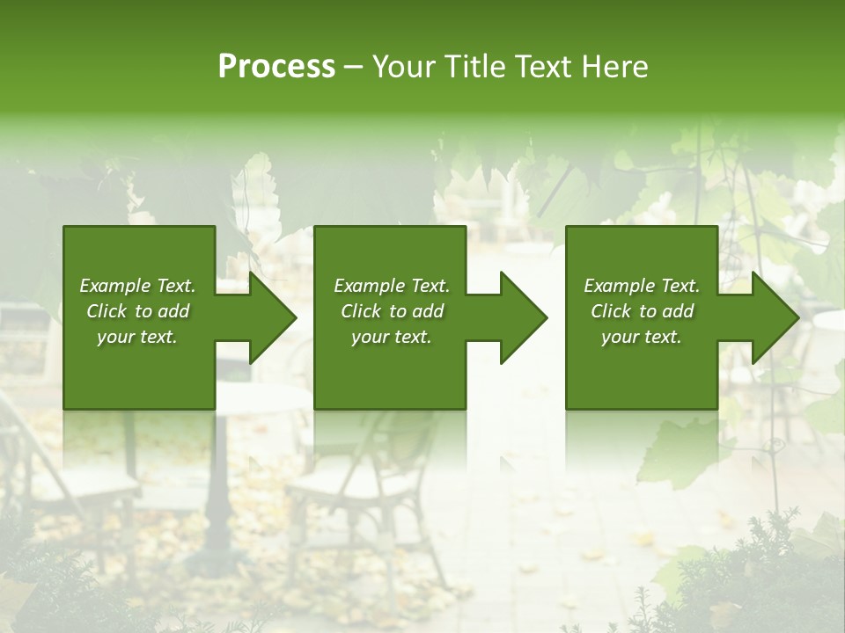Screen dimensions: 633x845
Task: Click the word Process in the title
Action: pos(276,67)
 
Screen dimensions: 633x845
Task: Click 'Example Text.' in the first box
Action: pos(137,286)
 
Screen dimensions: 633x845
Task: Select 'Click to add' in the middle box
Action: pos(392,311)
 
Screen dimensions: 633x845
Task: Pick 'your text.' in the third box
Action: pos(642,337)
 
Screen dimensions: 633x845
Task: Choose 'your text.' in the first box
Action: pos(137,337)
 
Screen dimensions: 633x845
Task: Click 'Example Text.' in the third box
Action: pos(642,286)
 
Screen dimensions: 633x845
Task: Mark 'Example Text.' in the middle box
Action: pos(392,286)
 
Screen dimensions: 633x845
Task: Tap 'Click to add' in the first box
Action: pos(137,311)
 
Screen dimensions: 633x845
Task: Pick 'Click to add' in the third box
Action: pos(642,311)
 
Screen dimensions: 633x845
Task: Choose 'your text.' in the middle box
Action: pos(392,337)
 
